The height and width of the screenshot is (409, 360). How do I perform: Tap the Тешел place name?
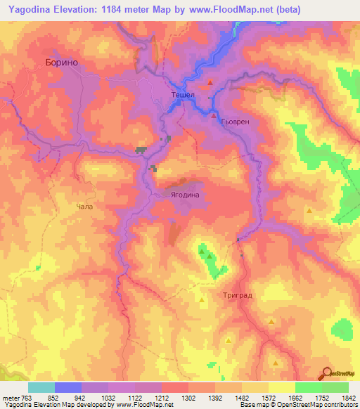[x=182, y=95]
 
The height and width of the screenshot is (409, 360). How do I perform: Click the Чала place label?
[x=84, y=207]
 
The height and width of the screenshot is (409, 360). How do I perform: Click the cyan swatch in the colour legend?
[x=41, y=387]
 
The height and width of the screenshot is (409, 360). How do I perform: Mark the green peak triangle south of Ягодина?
[x=202, y=250]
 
